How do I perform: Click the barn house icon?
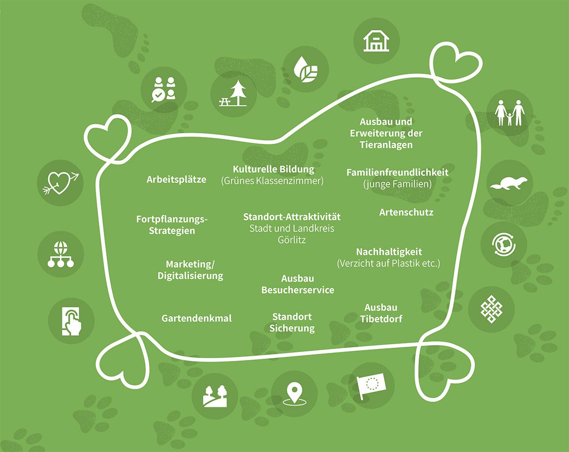pos(376,41)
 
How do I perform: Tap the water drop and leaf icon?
pos(306,69)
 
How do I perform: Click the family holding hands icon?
pos(510,113)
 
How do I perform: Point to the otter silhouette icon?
pos(509,183)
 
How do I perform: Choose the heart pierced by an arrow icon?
pos(61,183)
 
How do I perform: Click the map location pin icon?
pos(294,395)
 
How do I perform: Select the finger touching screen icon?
pos(72,322)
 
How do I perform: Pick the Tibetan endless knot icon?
pos(491,309)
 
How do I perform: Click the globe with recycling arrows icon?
pos(504,244)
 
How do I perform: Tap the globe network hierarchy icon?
pos(61,254)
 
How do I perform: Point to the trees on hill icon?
pos(215,396)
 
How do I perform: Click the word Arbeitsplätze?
pos(176,180)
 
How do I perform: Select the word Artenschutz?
pos(406,212)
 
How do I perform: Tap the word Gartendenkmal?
pos(196,318)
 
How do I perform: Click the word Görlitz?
pos(292,240)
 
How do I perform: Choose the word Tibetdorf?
pos(381,319)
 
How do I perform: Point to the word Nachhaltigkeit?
pos(389,252)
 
